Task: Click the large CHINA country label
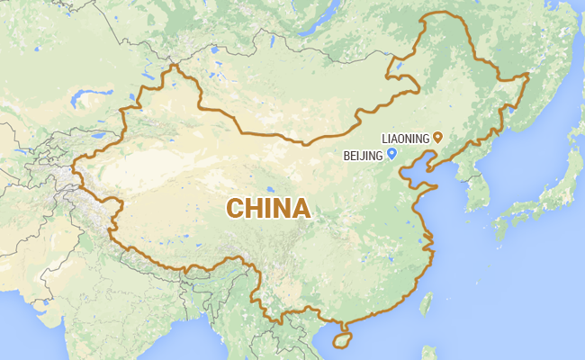point(268,209)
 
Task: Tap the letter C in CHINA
point(236,209)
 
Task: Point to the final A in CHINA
point(301,209)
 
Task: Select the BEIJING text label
point(364,155)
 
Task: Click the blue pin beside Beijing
point(392,154)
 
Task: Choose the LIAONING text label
point(405,138)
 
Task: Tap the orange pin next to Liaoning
point(438,137)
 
